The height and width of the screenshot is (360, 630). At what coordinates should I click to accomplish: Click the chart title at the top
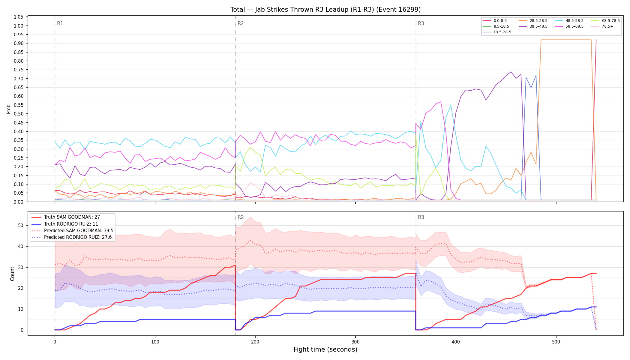pos(325,10)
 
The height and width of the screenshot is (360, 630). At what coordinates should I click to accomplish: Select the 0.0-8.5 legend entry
pos(495,21)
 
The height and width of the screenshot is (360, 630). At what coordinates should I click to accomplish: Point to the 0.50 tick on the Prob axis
pos(19,114)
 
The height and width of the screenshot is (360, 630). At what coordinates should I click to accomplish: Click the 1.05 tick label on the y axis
pos(19,17)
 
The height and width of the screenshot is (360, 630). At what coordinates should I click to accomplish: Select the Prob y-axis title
pos(9,109)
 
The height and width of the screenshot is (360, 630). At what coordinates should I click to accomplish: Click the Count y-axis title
pos(12,274)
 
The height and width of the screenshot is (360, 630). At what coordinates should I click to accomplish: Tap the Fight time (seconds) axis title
pos(325,349)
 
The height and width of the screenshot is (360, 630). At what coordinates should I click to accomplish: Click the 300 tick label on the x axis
pos(355,342)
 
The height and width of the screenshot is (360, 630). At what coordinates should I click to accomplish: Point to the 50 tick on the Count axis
pos(21,226)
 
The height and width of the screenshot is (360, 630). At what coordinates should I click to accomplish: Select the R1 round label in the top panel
pos(60,23)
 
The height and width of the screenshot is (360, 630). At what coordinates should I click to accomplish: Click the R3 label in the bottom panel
pos(421,217)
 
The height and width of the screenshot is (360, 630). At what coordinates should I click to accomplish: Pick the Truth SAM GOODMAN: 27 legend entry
pos(66,217)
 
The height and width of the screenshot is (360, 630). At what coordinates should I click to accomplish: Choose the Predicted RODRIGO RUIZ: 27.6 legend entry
pos(71,237)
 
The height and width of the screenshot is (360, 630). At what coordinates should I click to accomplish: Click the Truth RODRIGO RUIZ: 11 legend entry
pos(65,224)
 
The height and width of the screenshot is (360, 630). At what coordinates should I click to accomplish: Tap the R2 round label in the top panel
pos(241,23)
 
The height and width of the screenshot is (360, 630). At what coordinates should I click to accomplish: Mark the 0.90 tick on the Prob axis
pos(19,43)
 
